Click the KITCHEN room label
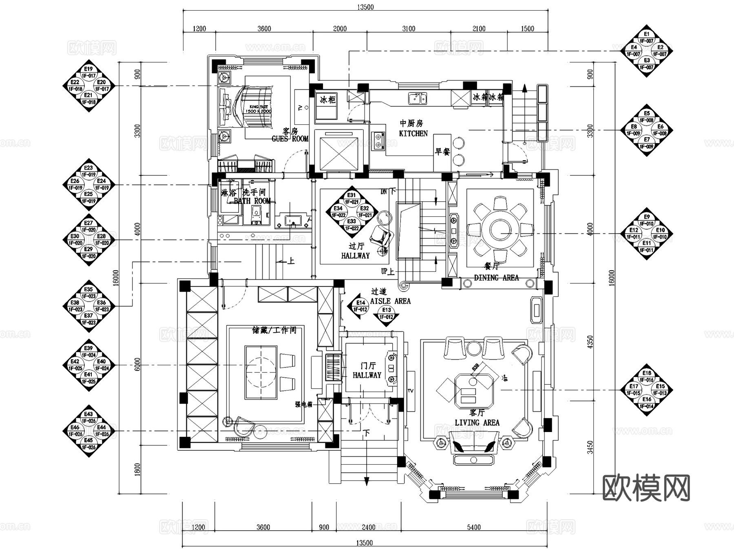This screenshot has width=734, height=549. point(413,133)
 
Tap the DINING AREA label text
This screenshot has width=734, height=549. point(496,278)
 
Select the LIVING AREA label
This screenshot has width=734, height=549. point(477,423)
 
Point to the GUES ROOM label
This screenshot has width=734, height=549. point(290,139)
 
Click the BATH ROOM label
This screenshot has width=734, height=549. point(252,201)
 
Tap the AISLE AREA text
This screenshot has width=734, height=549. point(390,301)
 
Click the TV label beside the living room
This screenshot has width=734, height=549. point(410,391)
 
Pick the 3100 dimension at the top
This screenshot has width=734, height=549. point(409,29)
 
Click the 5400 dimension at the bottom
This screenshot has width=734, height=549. point(473,527)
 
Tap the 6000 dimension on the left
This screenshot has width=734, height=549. point(137,364)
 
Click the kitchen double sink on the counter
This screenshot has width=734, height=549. point(418,98)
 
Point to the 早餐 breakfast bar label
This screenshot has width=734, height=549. point(442,152)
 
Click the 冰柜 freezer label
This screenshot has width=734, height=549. point(327,99)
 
